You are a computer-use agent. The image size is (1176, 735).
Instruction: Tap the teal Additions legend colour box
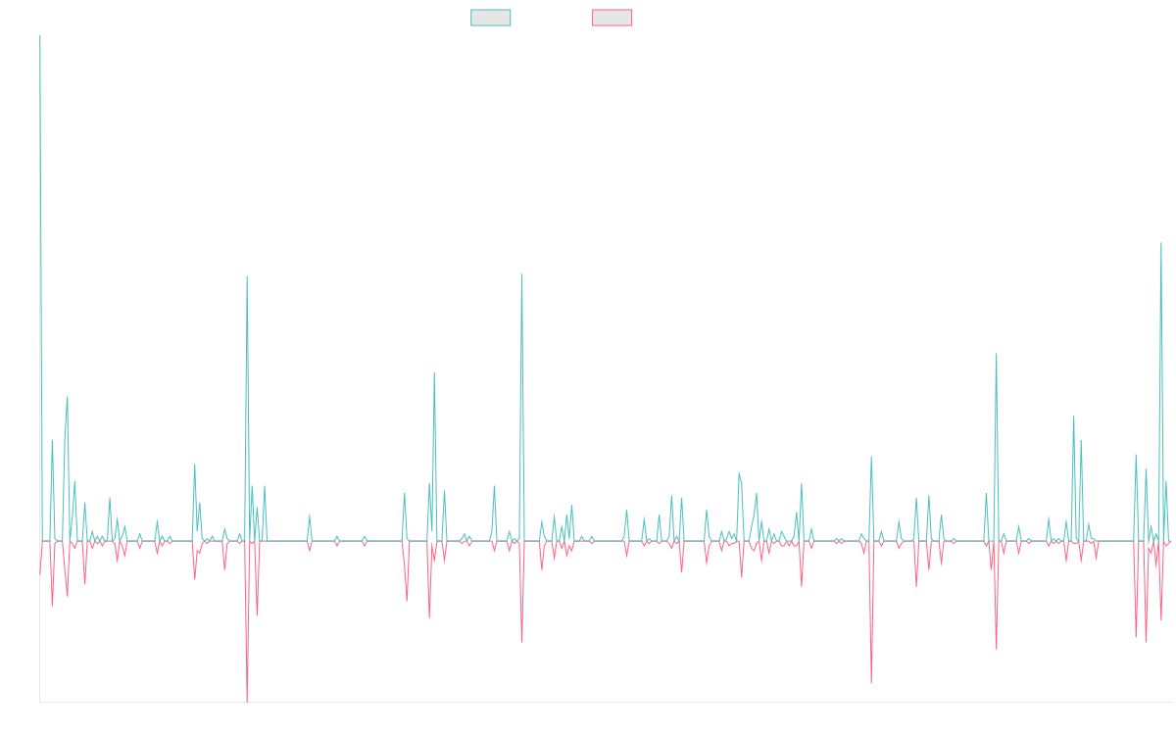(x=491, y=18)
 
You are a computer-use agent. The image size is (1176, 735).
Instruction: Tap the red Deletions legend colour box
(x=612, y=18)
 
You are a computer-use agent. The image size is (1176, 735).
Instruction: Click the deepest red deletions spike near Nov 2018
(x=247, y=700)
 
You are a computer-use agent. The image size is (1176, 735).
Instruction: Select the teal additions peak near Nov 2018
(x=247, y=276)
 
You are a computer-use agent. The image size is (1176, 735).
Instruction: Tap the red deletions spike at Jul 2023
(x=870, y=682)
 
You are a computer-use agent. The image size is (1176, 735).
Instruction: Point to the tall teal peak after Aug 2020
(x=521, y=274)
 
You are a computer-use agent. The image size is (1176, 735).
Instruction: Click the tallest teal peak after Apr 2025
(x=1161, y=243)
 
